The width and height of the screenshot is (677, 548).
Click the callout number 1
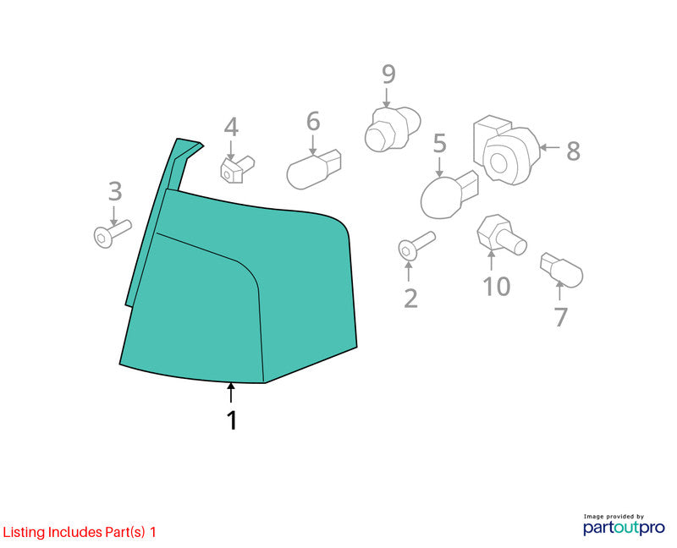click(232, 420)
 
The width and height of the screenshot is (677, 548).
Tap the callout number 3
click(115, 191)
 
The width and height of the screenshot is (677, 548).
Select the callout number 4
click(231, 127)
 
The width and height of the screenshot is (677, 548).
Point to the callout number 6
click(313, 121)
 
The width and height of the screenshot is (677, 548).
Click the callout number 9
click(388, 74)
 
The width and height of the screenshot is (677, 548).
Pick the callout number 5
click(439, 143)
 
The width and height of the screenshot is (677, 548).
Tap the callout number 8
click(573, 151)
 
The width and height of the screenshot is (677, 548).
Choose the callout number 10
click(497, 286)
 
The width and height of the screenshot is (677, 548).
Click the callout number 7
click(560, 317)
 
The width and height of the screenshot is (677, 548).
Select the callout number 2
click(410, 299)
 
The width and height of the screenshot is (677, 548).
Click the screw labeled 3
click(113, 234)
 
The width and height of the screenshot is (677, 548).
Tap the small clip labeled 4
click(237, 169)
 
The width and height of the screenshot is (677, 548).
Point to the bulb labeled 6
click(314, 170)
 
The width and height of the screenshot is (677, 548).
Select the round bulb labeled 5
click(449, 195)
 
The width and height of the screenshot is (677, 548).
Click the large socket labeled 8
click(506, 150)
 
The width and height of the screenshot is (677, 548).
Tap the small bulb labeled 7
click(561, 270)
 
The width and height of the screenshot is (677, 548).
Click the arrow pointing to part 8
click(550, 147)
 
